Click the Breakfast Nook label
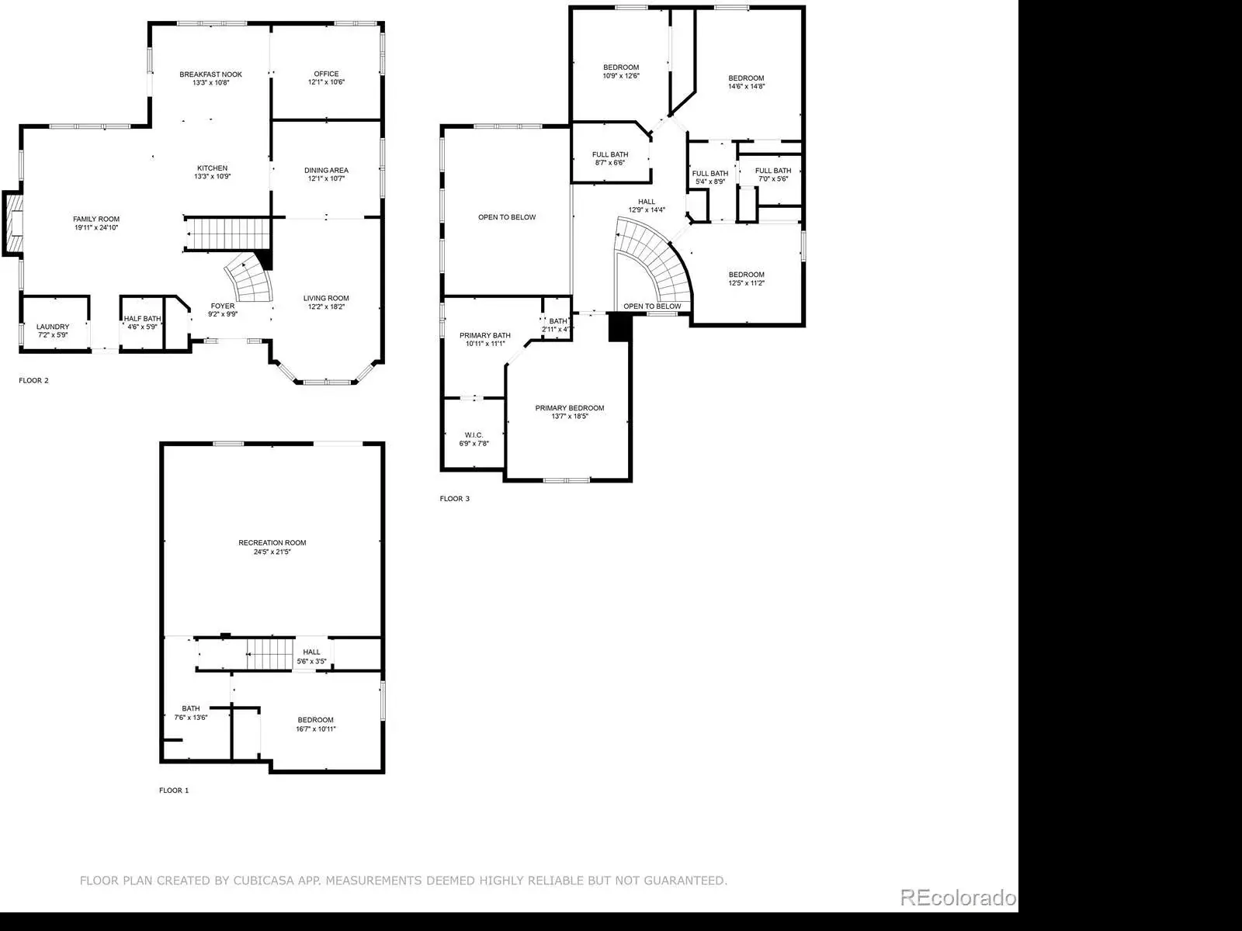(210, 74)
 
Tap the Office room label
(327, 74)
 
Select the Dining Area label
(327, 170)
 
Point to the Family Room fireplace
(13, 223)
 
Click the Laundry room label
(53, 327)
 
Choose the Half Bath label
(143, 319)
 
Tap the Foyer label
(222, 306)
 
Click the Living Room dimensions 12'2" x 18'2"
(327, 307)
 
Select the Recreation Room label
(272, 542)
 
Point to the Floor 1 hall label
(312, 652)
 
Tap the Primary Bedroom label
(570, 408)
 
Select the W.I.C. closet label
(474, 435)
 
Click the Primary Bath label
(485, 335)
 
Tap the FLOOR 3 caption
(455, 499)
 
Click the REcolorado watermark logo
(959, 897)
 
